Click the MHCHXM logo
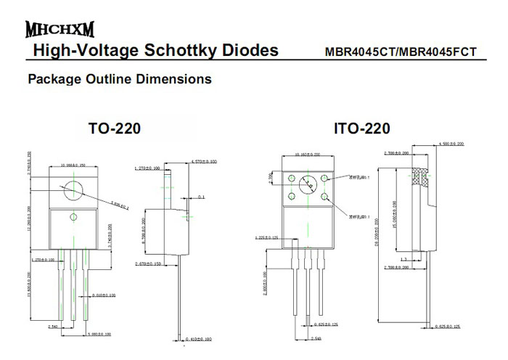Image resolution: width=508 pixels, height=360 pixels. pos(60,30)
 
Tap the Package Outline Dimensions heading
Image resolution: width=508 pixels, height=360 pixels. pos(120,78)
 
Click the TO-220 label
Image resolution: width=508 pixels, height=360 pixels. pos(115,129)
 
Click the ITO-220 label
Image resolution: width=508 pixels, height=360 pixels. pos(361,129)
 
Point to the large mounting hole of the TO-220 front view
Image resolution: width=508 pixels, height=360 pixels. pos(73,189)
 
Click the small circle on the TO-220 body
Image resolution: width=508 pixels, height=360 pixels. pos(73,217)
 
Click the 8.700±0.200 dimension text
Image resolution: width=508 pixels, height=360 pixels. pos(142,230)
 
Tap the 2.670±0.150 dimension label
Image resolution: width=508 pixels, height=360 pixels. pos(152,264)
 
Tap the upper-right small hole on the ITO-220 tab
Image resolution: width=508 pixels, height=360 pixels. pos(326,178)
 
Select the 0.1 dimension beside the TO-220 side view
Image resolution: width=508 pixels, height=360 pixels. pos(201,197)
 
